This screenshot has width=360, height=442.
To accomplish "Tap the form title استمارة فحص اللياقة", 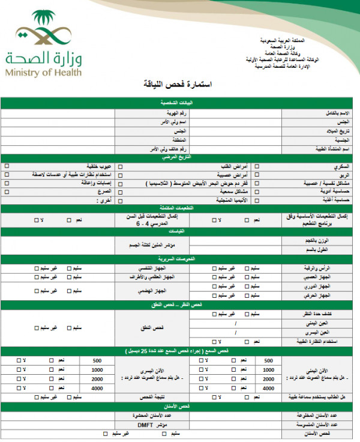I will (179, 84).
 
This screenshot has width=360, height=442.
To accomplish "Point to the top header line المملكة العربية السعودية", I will (282, 40).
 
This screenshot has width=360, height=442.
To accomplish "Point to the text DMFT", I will (146, 424).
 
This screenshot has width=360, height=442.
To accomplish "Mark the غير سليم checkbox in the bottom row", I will (105, 433).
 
